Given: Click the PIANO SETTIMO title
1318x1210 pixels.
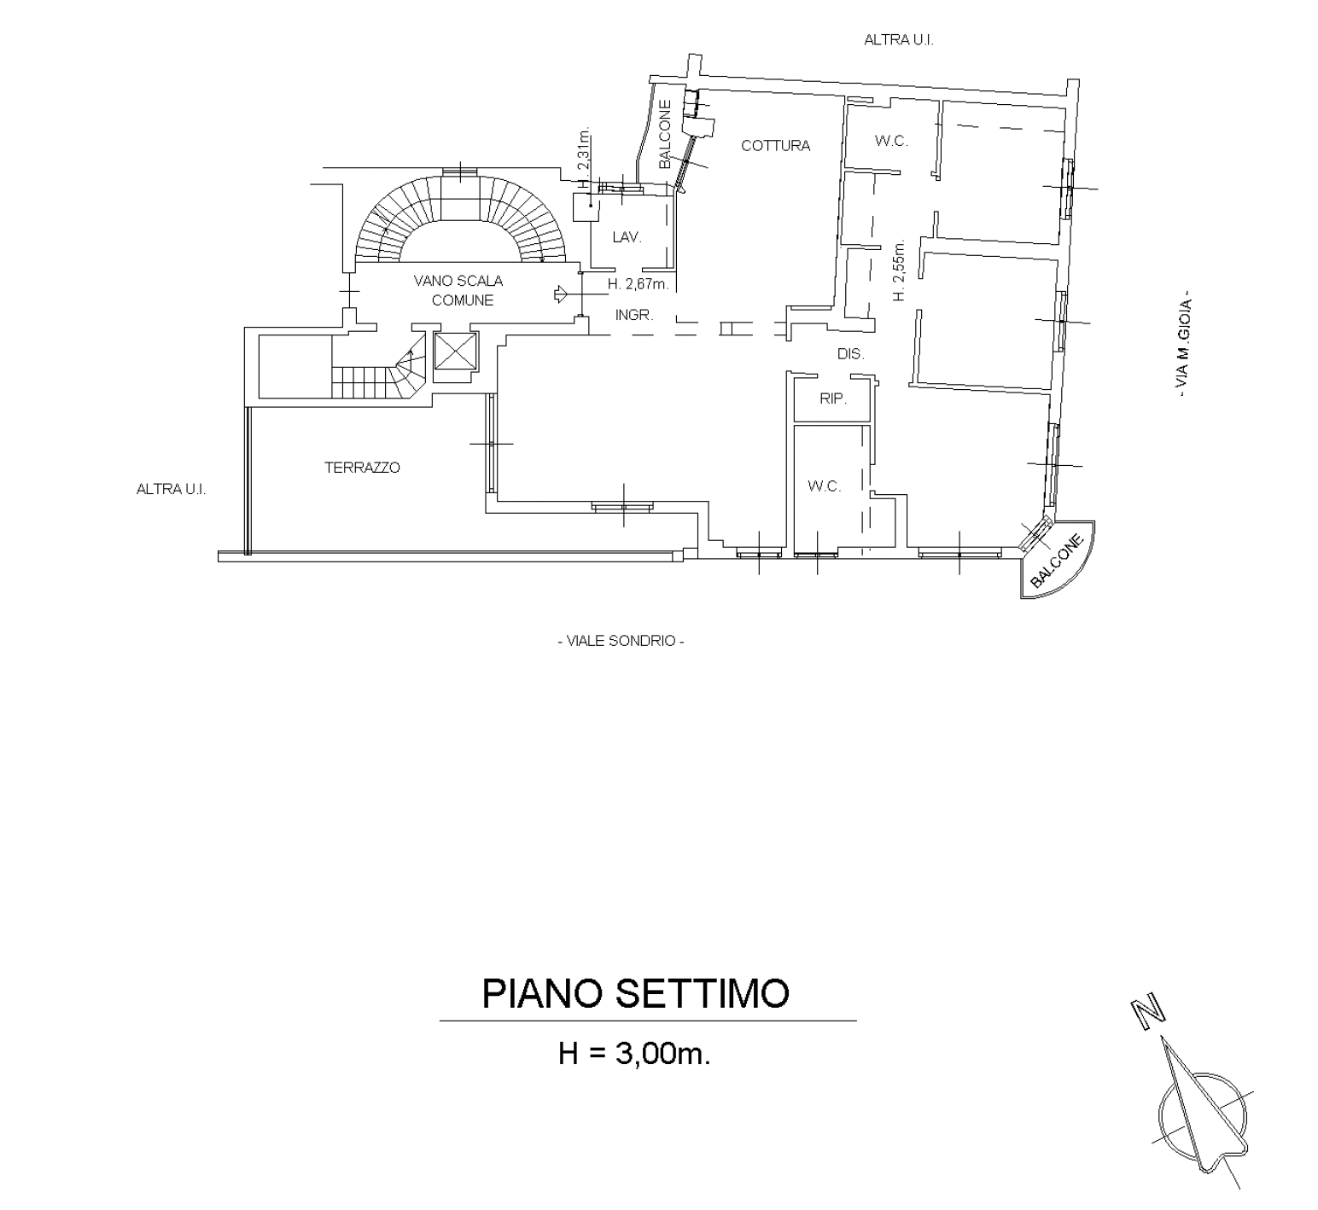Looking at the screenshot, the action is (636, 993).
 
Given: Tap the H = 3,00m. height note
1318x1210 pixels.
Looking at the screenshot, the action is (634, 1055).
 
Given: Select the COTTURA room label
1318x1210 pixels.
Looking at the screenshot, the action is (775, 146).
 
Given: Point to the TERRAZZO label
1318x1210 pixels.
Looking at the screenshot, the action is (362, 468).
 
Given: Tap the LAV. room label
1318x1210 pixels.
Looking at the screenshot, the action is (627, 237).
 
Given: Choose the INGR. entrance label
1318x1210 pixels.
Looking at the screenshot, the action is (634, 316).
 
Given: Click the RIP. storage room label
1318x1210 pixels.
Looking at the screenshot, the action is (832, 398).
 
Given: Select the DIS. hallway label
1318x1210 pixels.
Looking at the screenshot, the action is (850, 354).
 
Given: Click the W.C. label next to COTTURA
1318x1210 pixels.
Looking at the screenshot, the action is (891, 141).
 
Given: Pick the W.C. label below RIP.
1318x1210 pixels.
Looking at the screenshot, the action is (824, 486).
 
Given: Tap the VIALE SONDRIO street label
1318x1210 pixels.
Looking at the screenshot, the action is (621, 641).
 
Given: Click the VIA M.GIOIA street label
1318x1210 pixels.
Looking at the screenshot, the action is (1184, 342).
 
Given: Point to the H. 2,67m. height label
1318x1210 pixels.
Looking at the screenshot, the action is (638, 283).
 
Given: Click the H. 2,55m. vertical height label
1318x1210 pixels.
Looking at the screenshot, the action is (898, 270).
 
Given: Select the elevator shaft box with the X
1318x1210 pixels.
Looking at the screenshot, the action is (456, 350).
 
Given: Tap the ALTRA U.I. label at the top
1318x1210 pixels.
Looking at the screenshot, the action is (898, 39).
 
